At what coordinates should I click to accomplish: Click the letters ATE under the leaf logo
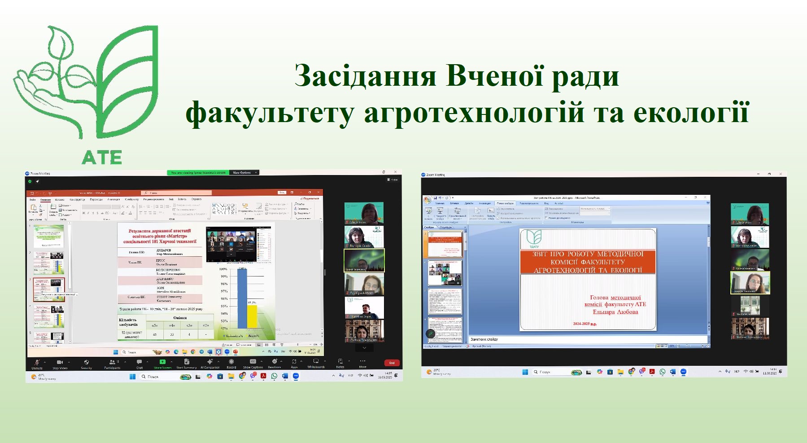coord(102,157)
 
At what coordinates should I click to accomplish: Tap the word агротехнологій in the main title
coord(474,112)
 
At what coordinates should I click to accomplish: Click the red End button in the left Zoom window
coord(392,363)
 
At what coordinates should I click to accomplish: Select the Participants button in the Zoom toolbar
coord(112,364)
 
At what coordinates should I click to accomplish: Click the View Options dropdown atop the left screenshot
coord(244,172)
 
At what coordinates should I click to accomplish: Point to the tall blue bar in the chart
coord(242,298)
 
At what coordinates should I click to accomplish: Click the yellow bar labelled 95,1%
coord(252,316)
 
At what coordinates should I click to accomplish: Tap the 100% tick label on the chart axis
coord(223,269)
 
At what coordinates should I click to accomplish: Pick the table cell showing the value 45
coord(155,334)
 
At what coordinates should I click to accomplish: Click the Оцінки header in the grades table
coord(180,318)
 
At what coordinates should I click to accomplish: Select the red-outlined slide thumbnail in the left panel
coord(49,289)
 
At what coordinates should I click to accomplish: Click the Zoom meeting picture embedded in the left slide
coord(239,244)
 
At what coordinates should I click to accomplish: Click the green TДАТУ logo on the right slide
coord(534,239)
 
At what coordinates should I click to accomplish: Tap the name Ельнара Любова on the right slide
coord(615,311)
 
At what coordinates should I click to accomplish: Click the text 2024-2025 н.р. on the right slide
coord(585,324)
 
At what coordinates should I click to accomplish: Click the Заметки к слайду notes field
coord(484,339)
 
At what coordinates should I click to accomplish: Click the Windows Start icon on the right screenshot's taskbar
coord(525,372)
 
